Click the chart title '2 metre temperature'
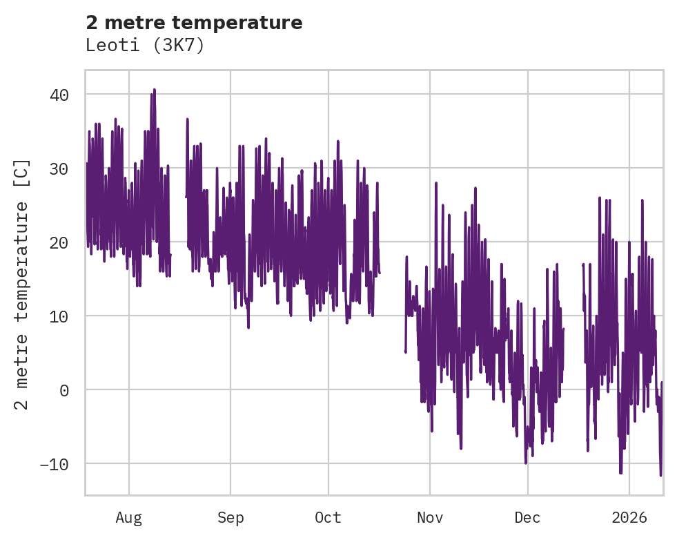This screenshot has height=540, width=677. tap(194, 23)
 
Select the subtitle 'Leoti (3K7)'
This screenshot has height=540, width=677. tap(145, 45)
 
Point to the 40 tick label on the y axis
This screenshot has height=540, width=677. tap(59, 95)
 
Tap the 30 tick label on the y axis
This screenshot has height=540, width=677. tap(59, 168)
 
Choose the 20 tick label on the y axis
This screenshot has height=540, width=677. tap(59, 242)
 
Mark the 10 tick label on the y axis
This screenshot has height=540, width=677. tap(59, 316)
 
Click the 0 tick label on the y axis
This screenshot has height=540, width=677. tap(64, 390)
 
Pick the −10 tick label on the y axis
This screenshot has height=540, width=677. tap(55, 464)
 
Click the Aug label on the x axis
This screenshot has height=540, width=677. tap(129, 517)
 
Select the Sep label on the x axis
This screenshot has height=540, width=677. tap(230, 517)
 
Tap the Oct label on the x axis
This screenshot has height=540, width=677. tap(328, 517)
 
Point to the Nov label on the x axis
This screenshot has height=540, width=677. tap(430, 517)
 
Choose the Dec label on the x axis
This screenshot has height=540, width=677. tap(528, 517)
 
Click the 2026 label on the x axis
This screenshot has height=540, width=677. tap(629, 517)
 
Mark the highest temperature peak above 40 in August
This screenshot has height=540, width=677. tap(155, 89)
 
